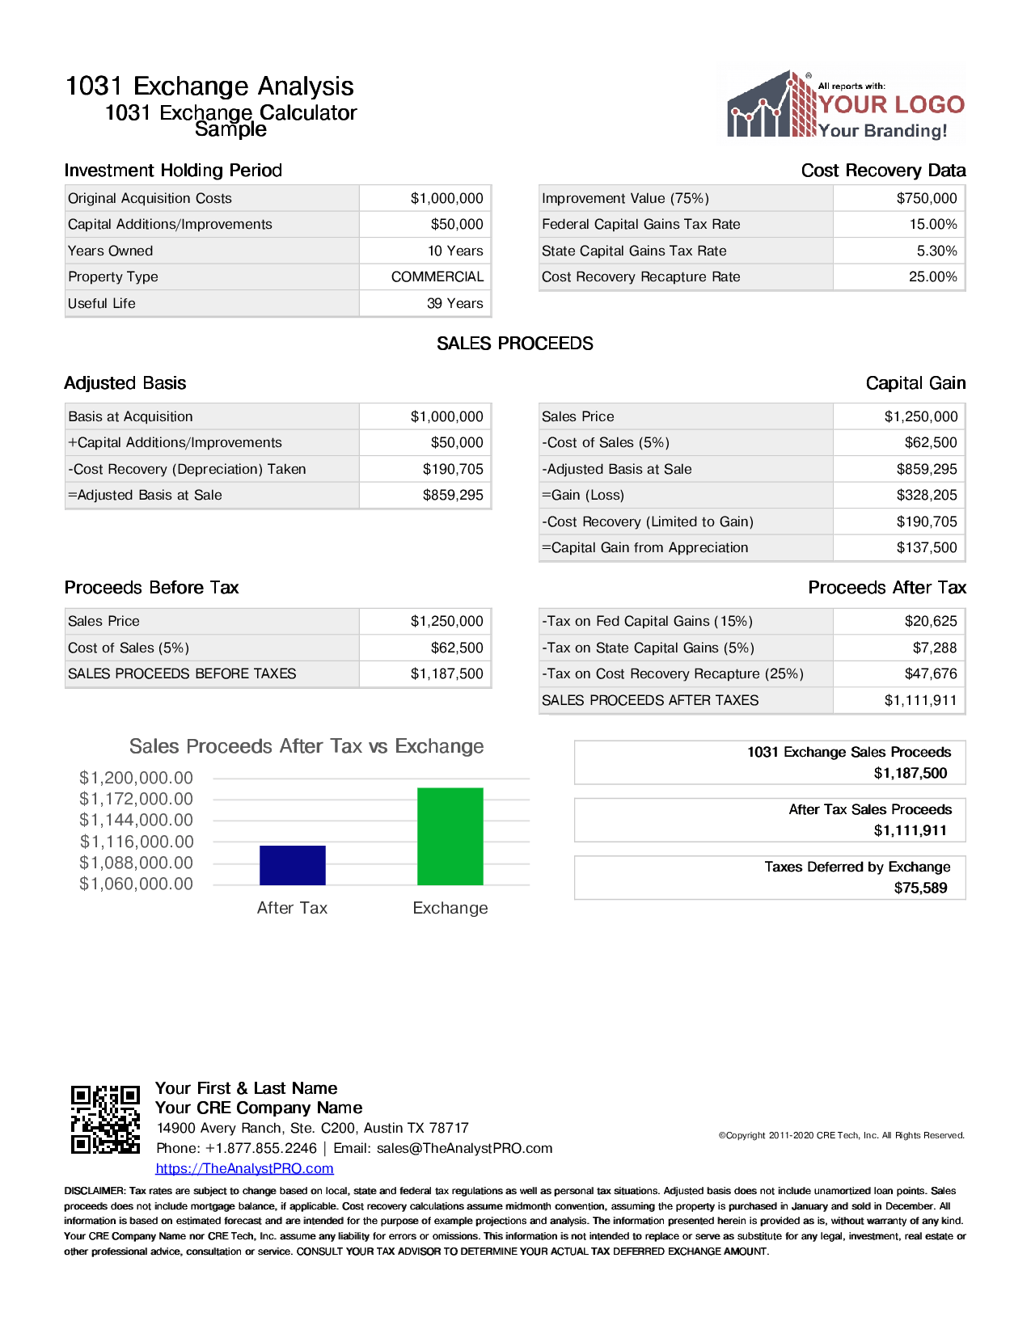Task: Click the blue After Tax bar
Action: click(292, 865)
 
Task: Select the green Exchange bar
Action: click(450, 836)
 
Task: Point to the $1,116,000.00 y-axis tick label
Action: click(137, 842)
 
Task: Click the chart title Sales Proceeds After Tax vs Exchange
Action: click(306, 746)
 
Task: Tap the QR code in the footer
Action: click(105, 1119)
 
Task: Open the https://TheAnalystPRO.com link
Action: click(244, 1168)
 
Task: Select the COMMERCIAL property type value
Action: click(437, 277)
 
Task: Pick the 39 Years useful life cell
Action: click(454, 303)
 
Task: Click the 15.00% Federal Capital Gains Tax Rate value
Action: click(932, 224)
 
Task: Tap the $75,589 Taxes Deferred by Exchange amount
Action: click(920, 888)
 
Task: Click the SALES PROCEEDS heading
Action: click(515, 344)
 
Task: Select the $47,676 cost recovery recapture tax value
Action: click(930, 673)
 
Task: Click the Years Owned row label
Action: click(111, 251)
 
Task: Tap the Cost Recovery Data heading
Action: click(883, 171)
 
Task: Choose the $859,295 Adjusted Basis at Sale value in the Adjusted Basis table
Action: click(453, 495)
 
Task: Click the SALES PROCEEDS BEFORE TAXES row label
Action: click(182, 673)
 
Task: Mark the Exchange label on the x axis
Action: click(450, 908)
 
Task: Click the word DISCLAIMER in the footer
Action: click(94, 1191)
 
